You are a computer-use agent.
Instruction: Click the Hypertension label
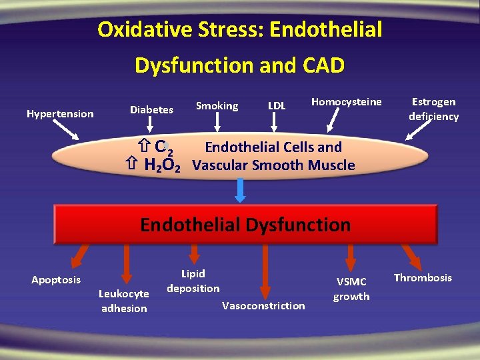[x=60, y=114]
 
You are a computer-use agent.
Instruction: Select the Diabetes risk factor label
[x=151, y=109]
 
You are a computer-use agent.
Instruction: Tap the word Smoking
[x=217, y=106]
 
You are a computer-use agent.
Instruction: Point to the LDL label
[x=276, y=106]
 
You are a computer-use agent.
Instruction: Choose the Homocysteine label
[x=347, y=102]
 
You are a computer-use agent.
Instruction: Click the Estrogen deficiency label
[x=433, y=109]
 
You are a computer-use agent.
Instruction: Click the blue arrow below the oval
[x=241, y=190]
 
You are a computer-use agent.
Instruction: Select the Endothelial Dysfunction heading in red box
[x=245, y=225]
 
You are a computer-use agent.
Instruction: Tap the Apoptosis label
[x=56, y=280]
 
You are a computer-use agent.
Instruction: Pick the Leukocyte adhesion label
[x=124, y=301]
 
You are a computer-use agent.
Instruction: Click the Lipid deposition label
[x=193, y=281]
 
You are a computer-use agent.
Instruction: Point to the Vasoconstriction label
[x=263, y=306]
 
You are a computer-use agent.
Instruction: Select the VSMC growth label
[x=351, y=289]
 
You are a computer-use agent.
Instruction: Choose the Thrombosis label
[x=423, y=278]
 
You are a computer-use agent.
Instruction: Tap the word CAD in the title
[x=323, y=65]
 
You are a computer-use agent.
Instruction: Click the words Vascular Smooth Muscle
[x=273, y=165]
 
